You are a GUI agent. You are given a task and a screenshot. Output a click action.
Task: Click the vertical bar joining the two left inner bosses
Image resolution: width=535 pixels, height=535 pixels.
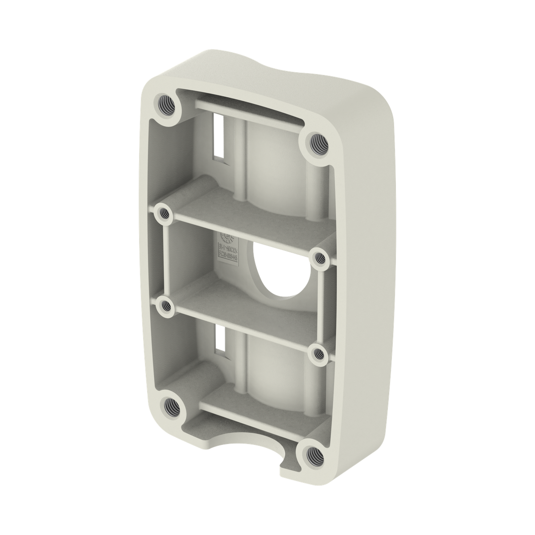tap(166, 261)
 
